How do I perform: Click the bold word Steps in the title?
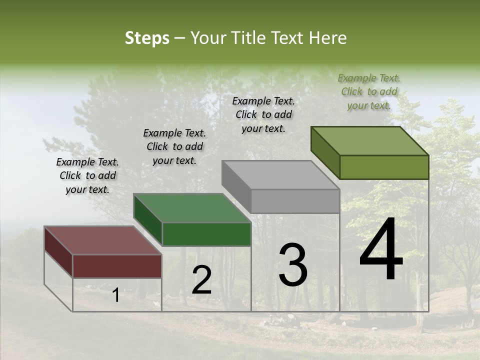[147, 38]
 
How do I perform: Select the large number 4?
[381, 250]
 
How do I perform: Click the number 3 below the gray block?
[292, 265]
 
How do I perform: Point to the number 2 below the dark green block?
[201, 280]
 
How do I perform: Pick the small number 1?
[115, 295]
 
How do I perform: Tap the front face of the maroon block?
[117, 266]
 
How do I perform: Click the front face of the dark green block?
[206, 234]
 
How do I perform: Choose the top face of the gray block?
[280, 175]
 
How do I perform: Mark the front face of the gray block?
[295, 201]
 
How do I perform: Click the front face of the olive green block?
[384, 167]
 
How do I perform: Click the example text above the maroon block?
[87, 175]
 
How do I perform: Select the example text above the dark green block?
[174, 146]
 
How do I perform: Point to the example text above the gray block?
[263, 114]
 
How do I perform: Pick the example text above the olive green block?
[369, 91]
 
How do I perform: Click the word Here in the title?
[328, 38]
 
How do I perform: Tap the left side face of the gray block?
[236, 186]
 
